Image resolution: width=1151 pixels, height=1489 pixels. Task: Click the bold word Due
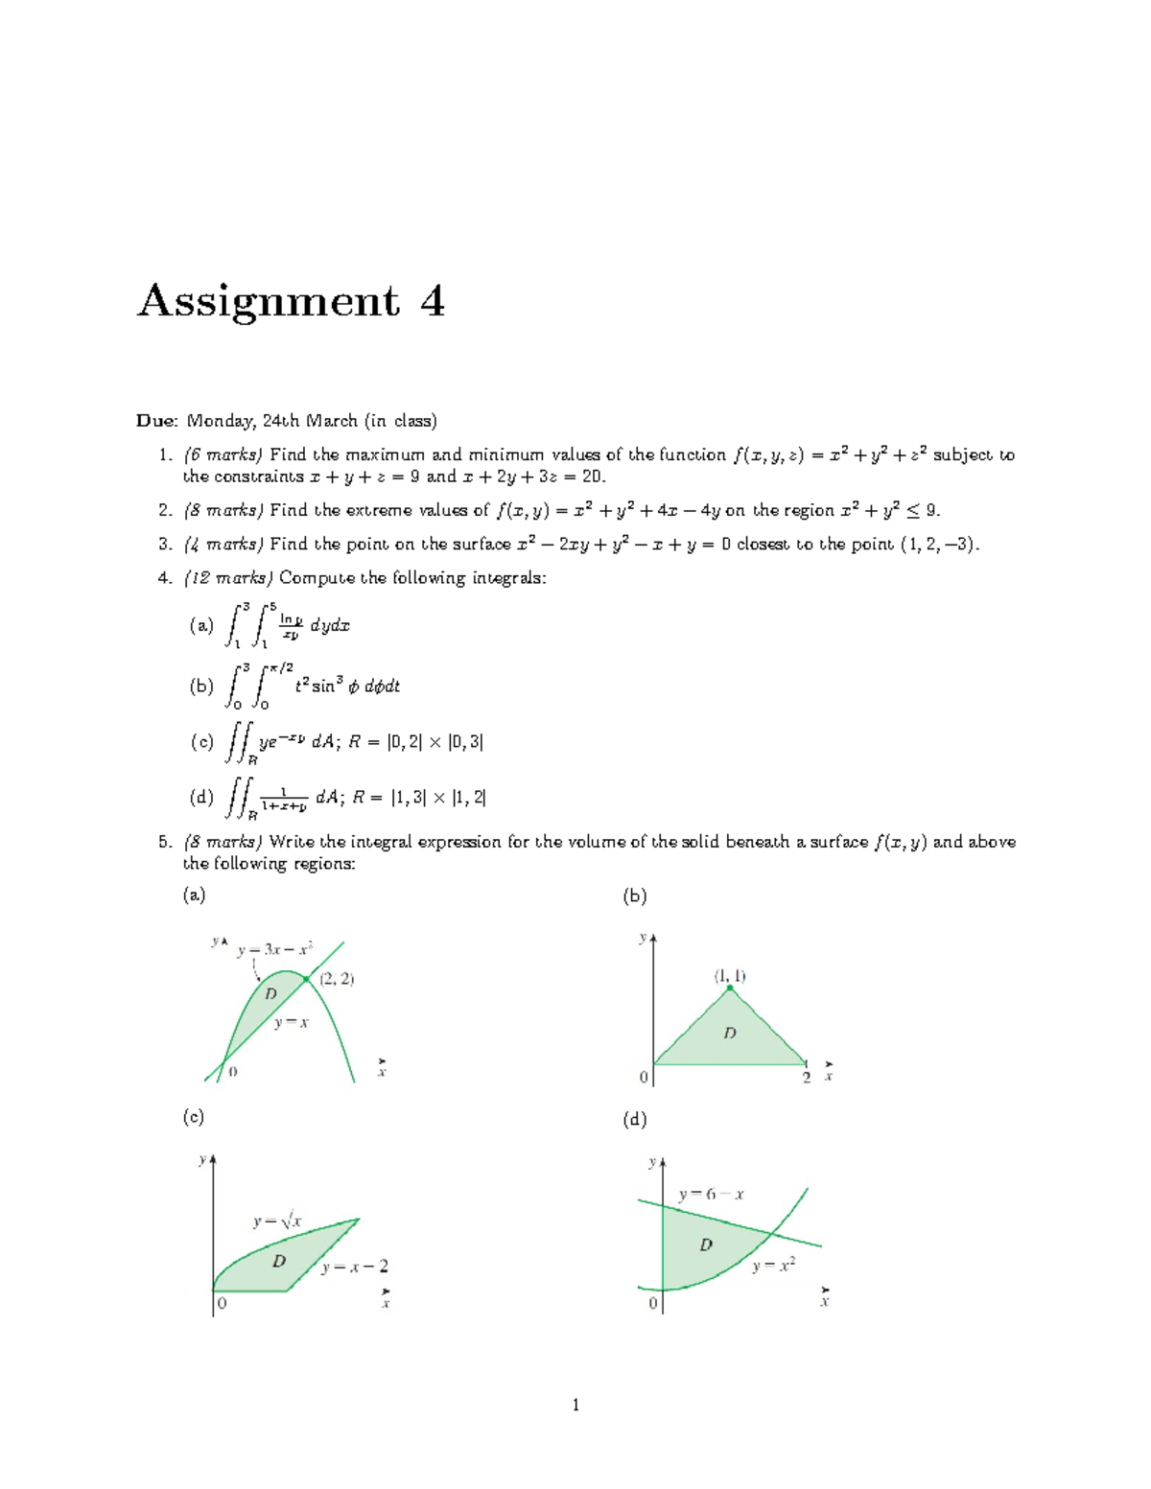pos(156,421)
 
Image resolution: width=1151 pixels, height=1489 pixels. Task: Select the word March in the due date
pos(330,421)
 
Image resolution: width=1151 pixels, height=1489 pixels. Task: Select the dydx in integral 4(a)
pos(330,626)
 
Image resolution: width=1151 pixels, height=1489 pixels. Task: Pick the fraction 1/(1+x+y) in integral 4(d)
pos(284,799)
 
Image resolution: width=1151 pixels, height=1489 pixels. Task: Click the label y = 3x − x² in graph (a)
pos(275,950)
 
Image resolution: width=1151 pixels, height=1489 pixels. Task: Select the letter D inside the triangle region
pos(730,1034)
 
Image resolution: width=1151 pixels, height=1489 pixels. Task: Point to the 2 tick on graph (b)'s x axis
pos(807,1078)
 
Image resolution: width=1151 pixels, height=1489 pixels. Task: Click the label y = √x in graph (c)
pos(277,1221)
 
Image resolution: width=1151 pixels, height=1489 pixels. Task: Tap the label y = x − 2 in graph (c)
pos(355,1267)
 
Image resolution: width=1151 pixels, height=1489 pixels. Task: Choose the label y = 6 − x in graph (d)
pos(711,1195)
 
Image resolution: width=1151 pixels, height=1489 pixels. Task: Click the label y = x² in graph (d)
pos(773,1266)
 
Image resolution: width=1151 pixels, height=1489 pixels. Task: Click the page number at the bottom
pos(575,1406)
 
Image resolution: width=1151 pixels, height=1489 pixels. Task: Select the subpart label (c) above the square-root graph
pos(194,1117)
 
